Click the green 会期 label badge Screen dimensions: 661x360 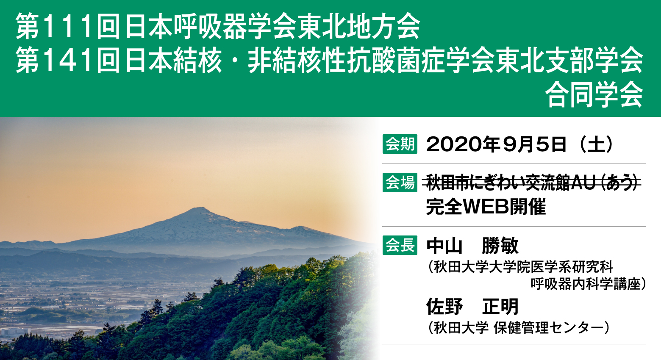[400, 144]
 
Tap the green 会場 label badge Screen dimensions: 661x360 [400, 183]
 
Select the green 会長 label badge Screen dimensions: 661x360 [400, 245]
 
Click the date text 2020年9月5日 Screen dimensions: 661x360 [496, 144]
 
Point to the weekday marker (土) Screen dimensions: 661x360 [597, 144]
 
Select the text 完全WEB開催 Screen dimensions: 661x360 [486, 207]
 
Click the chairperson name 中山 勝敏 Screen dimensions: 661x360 [472, 246]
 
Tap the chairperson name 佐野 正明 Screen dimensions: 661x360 [472, 307]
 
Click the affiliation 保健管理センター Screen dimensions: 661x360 [550, 328]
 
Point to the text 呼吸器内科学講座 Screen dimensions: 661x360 [586, 284]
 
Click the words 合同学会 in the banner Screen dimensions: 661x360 [594, 95]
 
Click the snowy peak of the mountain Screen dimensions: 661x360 [198, 210]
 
